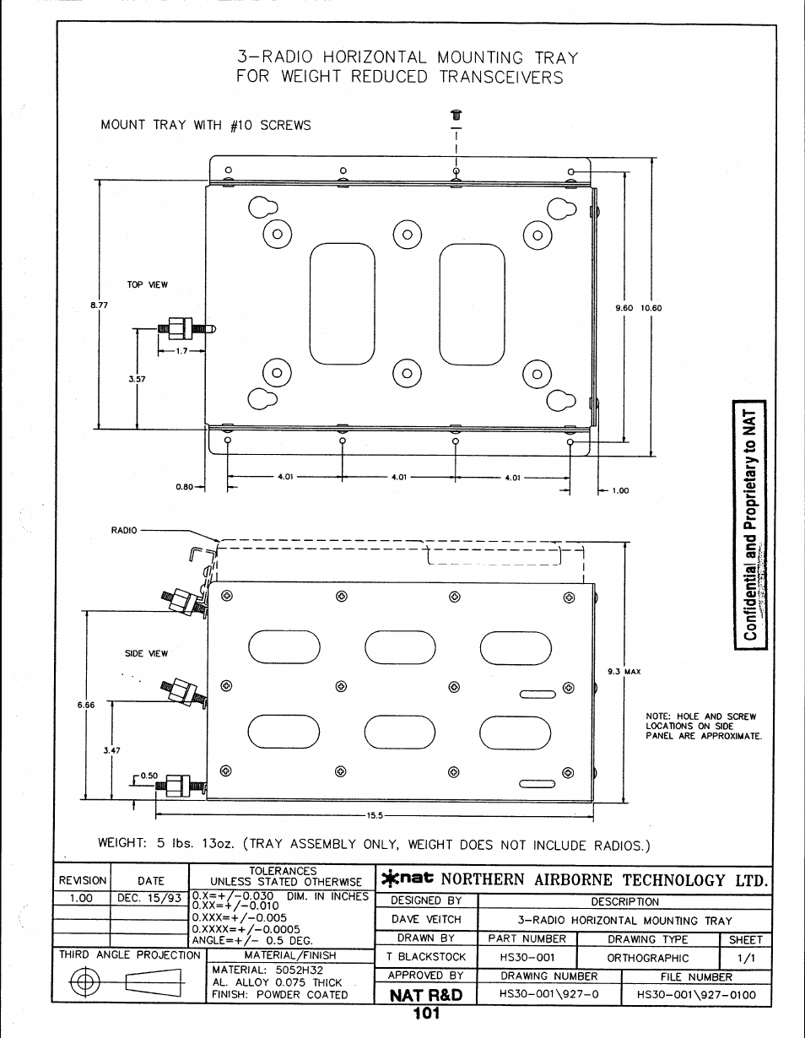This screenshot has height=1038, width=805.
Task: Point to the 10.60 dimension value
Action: [651, 308]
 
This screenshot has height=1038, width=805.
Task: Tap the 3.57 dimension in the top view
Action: [137, 379]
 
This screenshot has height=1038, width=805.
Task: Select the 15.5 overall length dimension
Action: [375, 815]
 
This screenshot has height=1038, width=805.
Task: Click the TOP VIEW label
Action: [147, 285]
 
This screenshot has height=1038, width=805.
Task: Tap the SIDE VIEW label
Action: [147, 653]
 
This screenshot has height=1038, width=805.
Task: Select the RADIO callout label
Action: [124, 531]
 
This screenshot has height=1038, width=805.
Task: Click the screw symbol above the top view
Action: [457, 114]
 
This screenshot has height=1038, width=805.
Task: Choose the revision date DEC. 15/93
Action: [149, 898]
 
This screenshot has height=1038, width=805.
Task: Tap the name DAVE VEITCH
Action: [426, 920]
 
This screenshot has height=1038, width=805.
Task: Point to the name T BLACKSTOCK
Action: [426, 957]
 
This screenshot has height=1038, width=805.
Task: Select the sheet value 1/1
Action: [745, 958]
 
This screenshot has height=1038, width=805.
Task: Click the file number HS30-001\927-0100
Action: [697, 995]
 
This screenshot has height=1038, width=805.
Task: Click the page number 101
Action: [428, 1014]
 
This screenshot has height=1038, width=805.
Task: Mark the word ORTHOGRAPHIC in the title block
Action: [647, 958]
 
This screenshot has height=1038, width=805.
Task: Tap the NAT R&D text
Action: [426, 995]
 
